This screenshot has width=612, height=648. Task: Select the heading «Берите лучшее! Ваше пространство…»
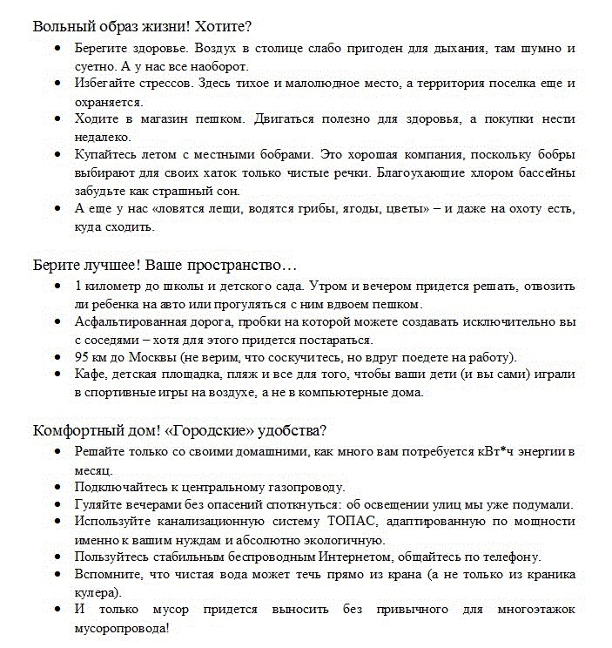click(165, 263)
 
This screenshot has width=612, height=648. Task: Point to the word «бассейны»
click(540, 172)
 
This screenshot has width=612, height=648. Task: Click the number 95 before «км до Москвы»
click(83, 357)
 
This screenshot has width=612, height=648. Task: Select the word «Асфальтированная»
click(127, 321)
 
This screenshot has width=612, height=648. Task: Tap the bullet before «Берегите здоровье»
click(57, 49)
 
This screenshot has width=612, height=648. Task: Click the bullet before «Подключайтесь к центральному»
click(57, 487)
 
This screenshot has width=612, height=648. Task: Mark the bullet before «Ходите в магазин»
click(57, 119)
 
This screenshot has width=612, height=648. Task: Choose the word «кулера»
click(95, 592)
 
